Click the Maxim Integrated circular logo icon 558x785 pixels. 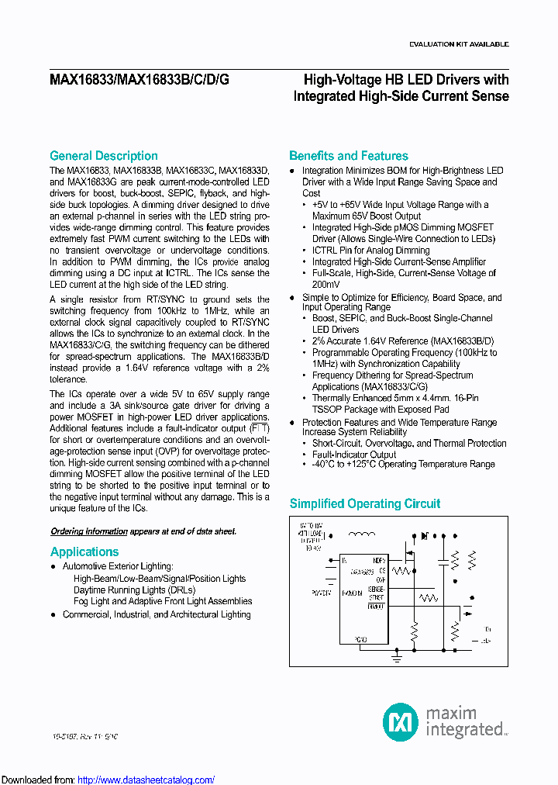(x=401, y=721)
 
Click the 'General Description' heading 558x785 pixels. (x=103, y=156)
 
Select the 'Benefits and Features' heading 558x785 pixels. (x=348, y=156)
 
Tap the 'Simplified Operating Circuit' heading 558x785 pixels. (x=364, y=503)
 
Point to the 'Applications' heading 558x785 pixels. (x=84, y=552)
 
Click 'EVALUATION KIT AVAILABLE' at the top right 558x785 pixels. (x=459, y=44)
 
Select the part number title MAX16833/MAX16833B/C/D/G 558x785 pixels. (x=139, y=80)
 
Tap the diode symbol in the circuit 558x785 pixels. (x=424, y=535)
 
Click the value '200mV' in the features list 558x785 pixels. (x=327, y=285)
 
